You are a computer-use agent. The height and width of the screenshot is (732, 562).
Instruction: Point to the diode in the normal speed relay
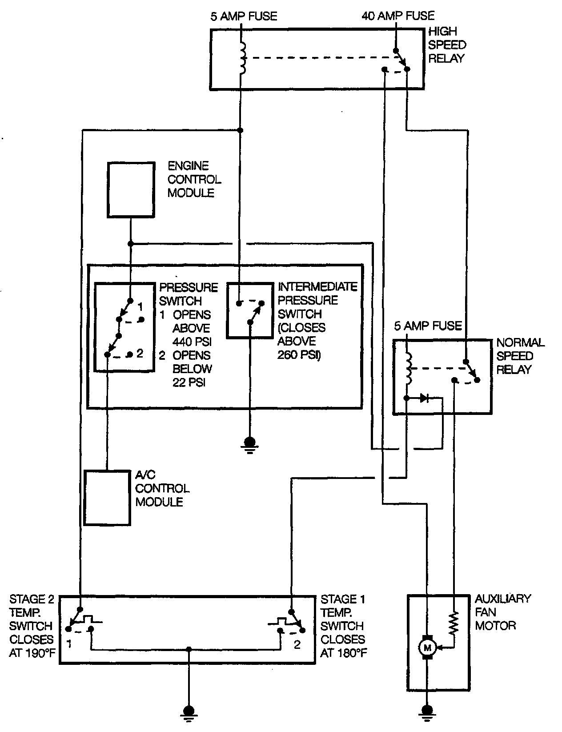[425, 398]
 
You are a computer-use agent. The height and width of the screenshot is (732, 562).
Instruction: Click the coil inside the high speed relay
[243, 58]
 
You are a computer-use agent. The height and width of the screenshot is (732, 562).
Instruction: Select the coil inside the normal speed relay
[409, 368]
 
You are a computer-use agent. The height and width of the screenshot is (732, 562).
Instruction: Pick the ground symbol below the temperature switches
[189, 713]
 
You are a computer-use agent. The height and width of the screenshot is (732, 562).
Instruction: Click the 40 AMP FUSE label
[398, 16]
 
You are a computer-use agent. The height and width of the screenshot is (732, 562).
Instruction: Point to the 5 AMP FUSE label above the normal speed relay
[428, 326]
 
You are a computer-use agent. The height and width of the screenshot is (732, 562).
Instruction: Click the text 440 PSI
[192, 342]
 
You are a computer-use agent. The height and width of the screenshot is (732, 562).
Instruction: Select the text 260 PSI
[299, 355]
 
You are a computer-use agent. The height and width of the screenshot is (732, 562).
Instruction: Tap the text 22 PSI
[189, 382]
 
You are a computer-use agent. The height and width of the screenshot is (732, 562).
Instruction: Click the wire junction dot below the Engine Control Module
[131, 244]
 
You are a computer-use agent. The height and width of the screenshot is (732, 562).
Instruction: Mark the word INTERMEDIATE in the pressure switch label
[317, 287]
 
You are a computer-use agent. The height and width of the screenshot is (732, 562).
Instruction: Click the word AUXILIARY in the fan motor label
[503, 599]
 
